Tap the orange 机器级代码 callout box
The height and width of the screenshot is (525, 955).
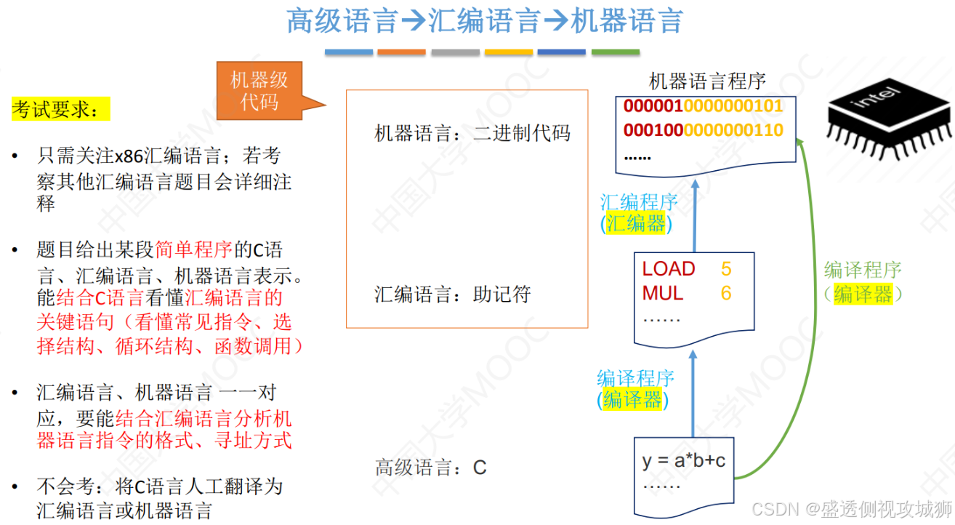click(x=259, y=90)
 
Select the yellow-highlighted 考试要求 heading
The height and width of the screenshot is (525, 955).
click(x=60, y=110)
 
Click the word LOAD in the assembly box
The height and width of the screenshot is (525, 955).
click(x=669, y=269)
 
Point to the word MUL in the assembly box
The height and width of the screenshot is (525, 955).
click(x=662, y=294)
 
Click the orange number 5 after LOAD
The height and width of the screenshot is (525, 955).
click(x=726, y=269)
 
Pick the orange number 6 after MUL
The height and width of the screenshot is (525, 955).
click(x=726, y=294)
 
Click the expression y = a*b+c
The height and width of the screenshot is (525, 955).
click(x=683, y=461)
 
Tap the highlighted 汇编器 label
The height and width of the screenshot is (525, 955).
click(x=636, y=224)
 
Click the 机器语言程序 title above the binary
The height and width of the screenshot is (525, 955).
click(x=706, y=81)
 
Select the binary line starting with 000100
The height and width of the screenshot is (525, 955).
click(x=703, y=131)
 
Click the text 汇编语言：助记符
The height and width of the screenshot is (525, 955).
click(x=453, y=294)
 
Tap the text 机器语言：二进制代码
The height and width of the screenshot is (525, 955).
click(x=472, y=133)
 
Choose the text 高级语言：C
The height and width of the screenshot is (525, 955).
click(x=430, y=467)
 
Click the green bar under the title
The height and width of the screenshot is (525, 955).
click(x=615, y=52)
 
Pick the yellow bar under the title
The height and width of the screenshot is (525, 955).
click(x=509, y=52)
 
